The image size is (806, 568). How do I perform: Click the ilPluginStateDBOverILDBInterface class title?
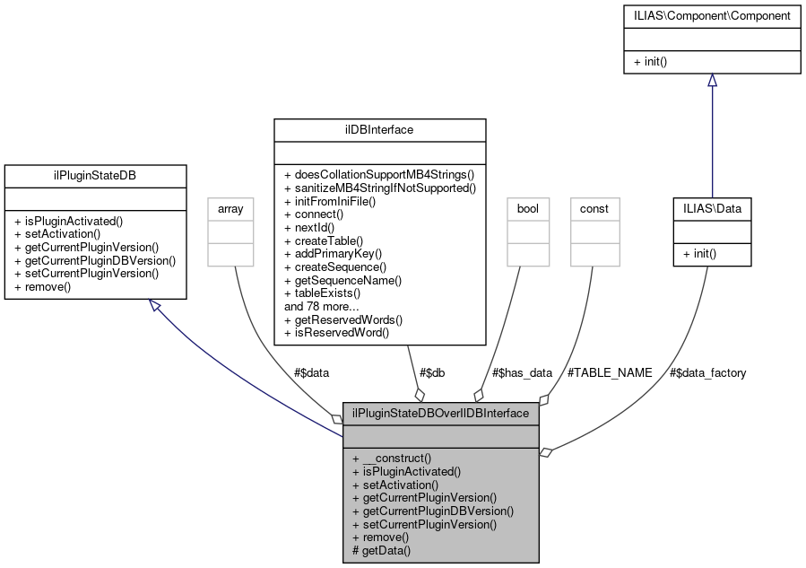pos(441,413)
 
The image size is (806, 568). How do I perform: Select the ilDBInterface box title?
pos(379,130)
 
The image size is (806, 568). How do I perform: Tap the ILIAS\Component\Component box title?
pos(712,16)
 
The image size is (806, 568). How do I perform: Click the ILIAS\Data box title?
pos(712,208)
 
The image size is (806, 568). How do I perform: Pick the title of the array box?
pos(225,208)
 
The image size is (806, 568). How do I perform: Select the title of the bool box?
pos(526,208)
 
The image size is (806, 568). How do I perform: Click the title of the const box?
pos(594,208)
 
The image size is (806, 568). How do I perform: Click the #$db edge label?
pos(431,372)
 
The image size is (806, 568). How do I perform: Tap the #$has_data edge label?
pos(523,372)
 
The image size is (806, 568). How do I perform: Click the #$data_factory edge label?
pos(707,372)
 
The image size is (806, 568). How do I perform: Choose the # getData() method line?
pos(381,550)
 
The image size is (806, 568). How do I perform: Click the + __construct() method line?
pos(392,458)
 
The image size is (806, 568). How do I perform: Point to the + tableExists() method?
pos(322,293)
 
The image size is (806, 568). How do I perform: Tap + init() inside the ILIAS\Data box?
pos(699,254)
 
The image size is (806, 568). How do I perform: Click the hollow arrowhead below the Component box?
pos(712,80)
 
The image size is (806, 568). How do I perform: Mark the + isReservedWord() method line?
pos(336,332)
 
